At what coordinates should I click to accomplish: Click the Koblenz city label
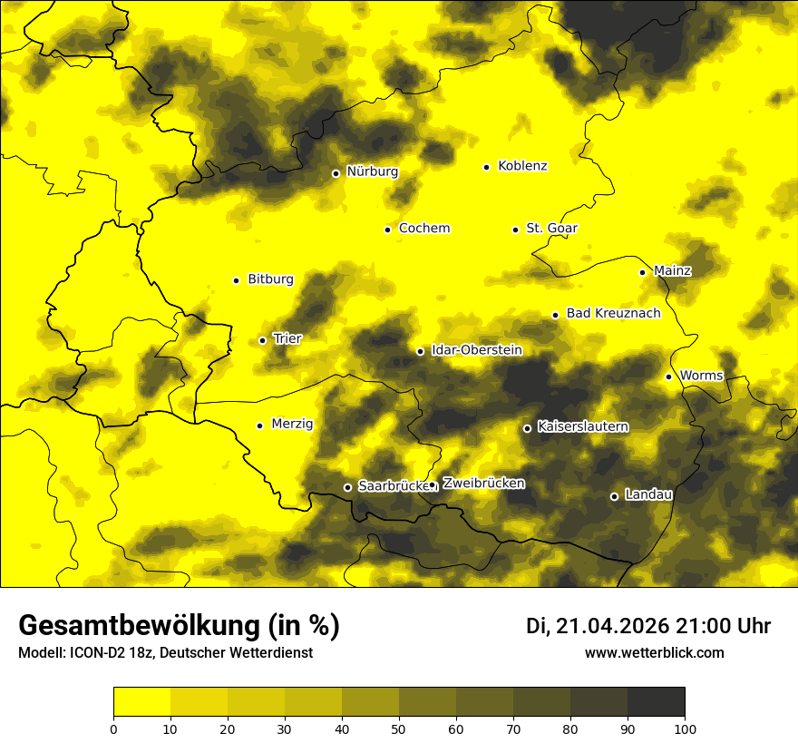tap(522, 166)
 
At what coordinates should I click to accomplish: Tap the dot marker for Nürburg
tap(336, 173)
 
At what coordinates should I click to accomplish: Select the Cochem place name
tap(424, 228)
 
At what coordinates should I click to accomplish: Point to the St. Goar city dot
tap(515, 230)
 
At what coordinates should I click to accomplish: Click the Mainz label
tap(672, 270)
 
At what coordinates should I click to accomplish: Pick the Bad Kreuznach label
tap(613, 313)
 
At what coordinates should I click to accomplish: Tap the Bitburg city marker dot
tap(236, 280)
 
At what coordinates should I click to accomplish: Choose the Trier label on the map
tap(287, 338)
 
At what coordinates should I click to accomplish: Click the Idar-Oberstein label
tap(476, 349)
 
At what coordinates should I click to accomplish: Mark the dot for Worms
tap(668, 376)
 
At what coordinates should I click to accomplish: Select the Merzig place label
tap(292, 424)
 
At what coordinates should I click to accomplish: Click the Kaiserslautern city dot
tap(527, 428)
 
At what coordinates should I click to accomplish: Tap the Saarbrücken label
tap(393, 485)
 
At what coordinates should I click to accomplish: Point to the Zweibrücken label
tap(483, 483)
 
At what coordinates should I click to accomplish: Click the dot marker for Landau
tap(614, 496)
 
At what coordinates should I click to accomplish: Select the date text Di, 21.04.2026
tap(598, 626)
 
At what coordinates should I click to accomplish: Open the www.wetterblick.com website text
tap(654, 652)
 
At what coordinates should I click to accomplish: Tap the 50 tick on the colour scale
tap(399, 728)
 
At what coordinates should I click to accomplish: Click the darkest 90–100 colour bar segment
tap(656, 701)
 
